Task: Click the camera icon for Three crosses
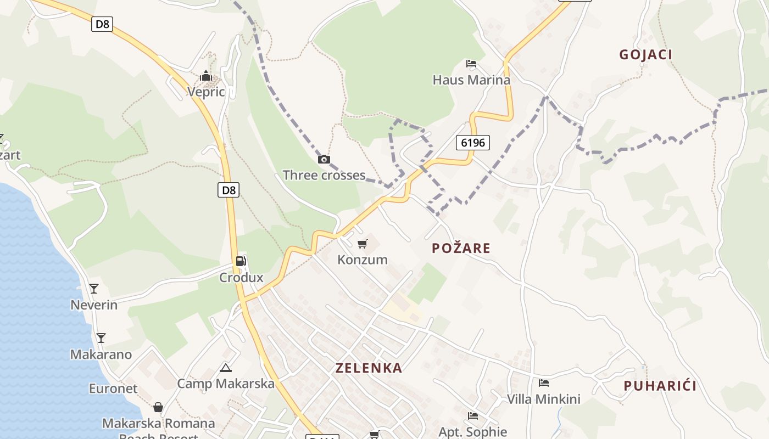[x=324, y=160]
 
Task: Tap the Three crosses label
[x=324, y=175]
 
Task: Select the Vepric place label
[x=206, y=92]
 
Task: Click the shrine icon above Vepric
[x=206, y=76]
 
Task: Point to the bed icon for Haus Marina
[x=471, y=64]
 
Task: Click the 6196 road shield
[x=472, y=143]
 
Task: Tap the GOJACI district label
[x=645, y=54]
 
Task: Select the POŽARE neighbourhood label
[x=461, y=248]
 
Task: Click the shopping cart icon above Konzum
[x=362, y=244]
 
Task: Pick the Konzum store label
[x=363, y=260]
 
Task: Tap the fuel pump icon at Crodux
[x=241, y=261]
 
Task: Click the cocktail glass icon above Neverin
[x=94, y=288]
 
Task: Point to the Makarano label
[x=101, y=354]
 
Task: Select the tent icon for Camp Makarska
[x=225, y=368]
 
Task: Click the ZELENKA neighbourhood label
[x=369, y=368]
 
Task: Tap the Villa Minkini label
[x=543, y=399]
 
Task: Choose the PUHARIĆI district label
[x=660, y=386]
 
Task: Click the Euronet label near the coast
[x=113, y=389]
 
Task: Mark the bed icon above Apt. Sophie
[x=472, y=416]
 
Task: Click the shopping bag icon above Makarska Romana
[x=158, y=407]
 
